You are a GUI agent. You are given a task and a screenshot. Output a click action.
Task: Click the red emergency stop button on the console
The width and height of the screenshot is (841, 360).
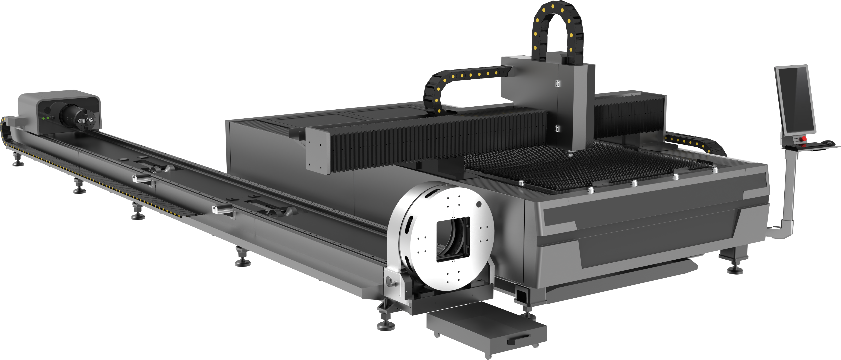click(x=804, y=139)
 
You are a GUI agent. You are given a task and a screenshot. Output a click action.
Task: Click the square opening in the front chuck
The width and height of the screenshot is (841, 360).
click(x=453, y=239)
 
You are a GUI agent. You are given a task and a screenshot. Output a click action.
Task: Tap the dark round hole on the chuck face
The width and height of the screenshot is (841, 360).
click(x=479, y=204)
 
